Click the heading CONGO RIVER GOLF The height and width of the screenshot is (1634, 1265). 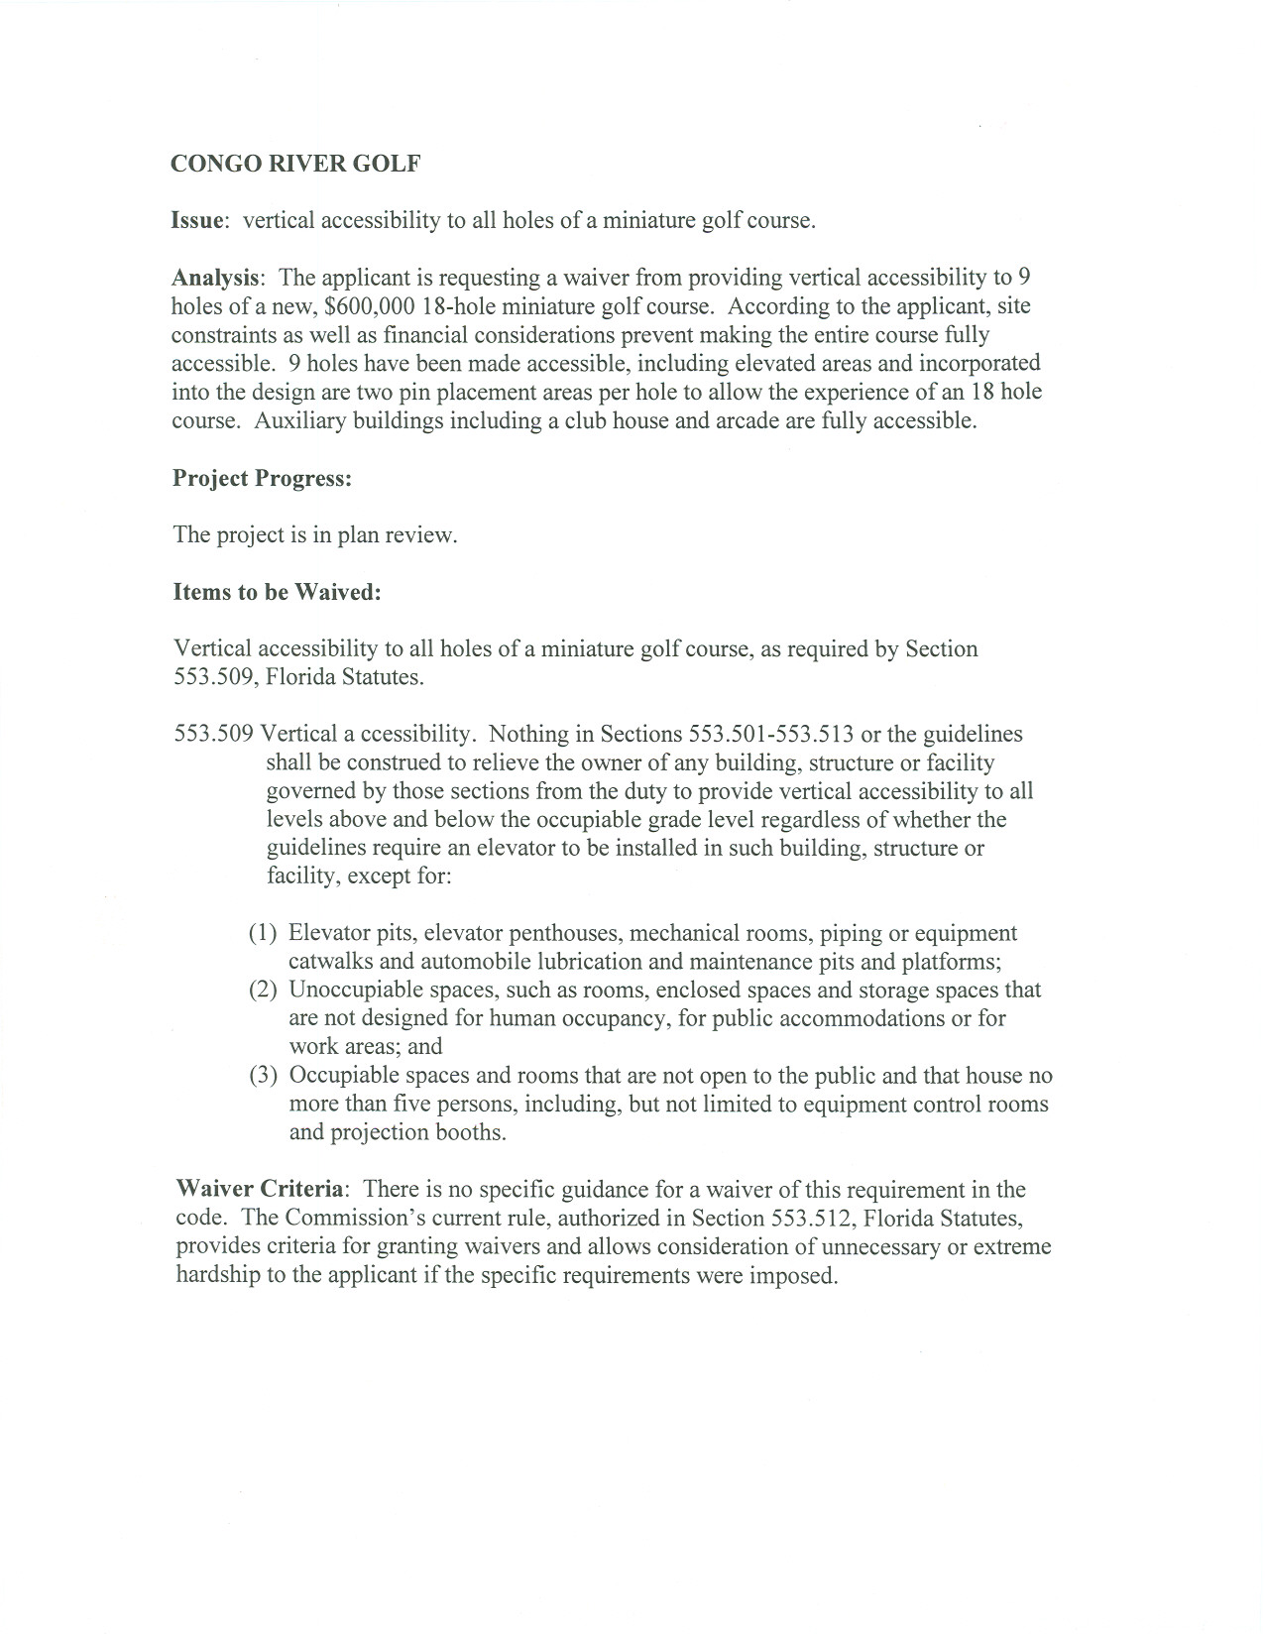tap(295, 164)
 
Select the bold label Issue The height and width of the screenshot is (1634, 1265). tap(196, 220)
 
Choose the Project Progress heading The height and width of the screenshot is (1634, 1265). tap(263, 478)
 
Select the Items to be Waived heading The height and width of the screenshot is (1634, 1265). tap(277, 592)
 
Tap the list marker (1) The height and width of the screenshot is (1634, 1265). tap(263, 933)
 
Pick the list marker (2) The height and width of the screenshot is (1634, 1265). tap(263, 990)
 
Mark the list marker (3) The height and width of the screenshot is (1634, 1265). tap(263, 1075)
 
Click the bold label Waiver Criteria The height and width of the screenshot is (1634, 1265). tap(261, 1190)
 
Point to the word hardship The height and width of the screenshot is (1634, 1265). tap(216, 1275)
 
